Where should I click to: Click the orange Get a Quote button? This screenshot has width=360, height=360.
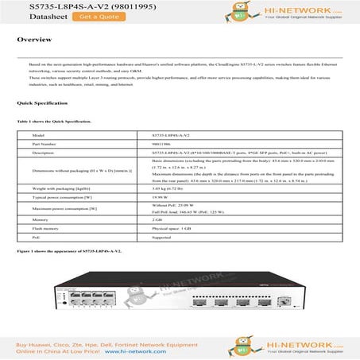point(75,16)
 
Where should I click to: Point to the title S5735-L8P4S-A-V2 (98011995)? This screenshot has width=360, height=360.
point(67,5)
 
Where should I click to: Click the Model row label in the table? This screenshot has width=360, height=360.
point(37,136)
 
